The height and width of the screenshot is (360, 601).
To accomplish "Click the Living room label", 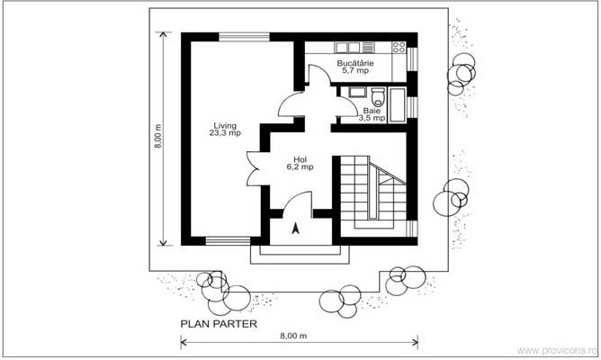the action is [225, 125].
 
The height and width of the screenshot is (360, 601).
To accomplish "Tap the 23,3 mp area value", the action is [225, 133].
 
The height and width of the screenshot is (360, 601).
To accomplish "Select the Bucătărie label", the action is [355, 63].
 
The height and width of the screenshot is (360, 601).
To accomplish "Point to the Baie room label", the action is [372, 111].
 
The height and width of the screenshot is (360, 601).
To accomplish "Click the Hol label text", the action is [300, 159].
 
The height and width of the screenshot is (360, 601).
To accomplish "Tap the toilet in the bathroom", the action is [378, 97].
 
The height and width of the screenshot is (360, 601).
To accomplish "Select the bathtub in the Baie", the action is [397, 105].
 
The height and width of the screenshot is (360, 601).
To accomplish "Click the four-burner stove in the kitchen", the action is [399, 47].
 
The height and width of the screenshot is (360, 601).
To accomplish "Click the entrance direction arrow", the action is [295, 229].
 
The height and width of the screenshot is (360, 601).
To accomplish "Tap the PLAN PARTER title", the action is [219, 324].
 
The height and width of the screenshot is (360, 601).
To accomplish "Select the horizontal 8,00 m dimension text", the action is [293, 336].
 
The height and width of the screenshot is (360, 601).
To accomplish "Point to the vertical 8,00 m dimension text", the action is [158, 136].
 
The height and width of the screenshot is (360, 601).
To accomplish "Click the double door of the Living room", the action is [253, 169].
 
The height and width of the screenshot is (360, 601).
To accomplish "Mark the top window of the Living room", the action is [244, 37].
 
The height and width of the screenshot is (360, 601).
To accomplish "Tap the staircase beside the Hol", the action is [373, 192].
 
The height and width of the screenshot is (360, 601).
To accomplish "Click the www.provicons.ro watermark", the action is [557, 350].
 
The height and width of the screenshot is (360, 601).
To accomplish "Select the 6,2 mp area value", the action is [300, 166].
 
